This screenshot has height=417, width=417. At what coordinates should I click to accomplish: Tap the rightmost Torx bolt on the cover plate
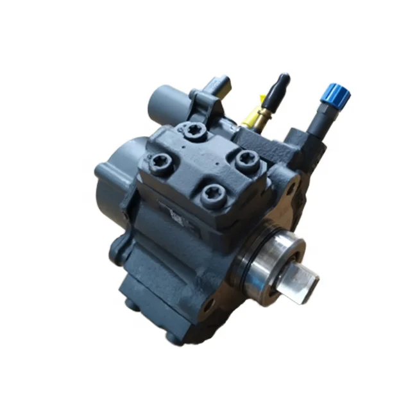tap(245, 160)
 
